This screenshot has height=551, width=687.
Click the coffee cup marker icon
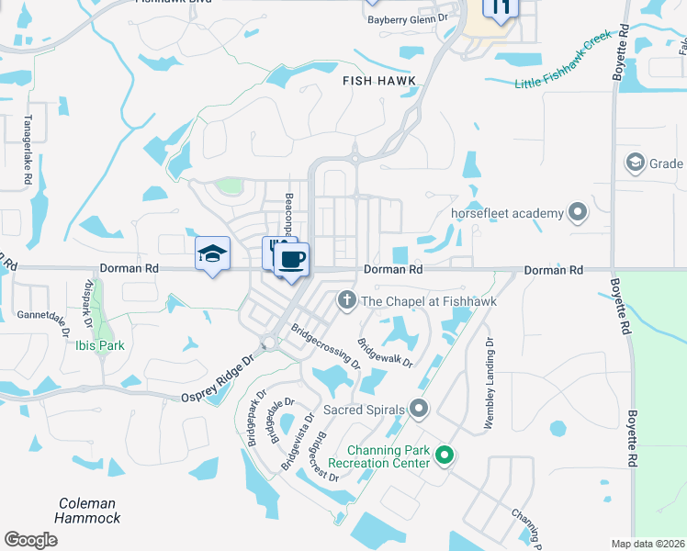(x=291, y=260)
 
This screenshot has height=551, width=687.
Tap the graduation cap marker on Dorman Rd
(x=212, y=254)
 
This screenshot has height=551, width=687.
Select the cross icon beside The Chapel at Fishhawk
(x=346, y=299)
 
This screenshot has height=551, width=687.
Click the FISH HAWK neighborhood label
(x=379, y=81)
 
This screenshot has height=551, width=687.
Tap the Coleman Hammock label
(x=88, y=511)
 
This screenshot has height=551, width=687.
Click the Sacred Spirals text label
(x=363, y=407)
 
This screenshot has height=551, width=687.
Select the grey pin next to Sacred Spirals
(x=419, y=407)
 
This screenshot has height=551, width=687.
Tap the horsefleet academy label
(x=507, y=213)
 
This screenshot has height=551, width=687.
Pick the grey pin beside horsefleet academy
(x=578, y=213)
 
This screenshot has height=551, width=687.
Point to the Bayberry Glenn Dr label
(x=406, y=17)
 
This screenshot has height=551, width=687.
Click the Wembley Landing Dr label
(x=490, y=385)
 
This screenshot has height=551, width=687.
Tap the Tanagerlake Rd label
(x=28, y=145)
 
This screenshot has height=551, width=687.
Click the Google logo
(x=30, y=540)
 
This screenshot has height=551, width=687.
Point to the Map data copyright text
(x=648, y=544)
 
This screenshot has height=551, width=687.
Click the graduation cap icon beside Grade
(x=634, y=163)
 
